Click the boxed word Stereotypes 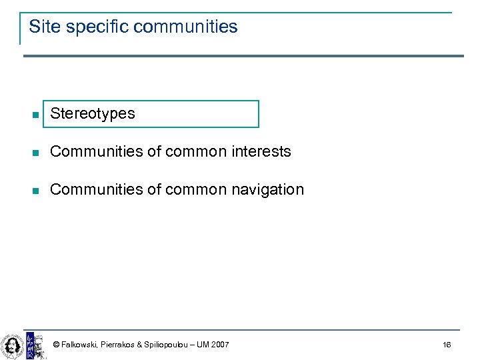[93, 113]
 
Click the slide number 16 [447, 345]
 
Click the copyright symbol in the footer [56, 345]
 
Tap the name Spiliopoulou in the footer [170, 345]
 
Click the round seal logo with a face [12, 345]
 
